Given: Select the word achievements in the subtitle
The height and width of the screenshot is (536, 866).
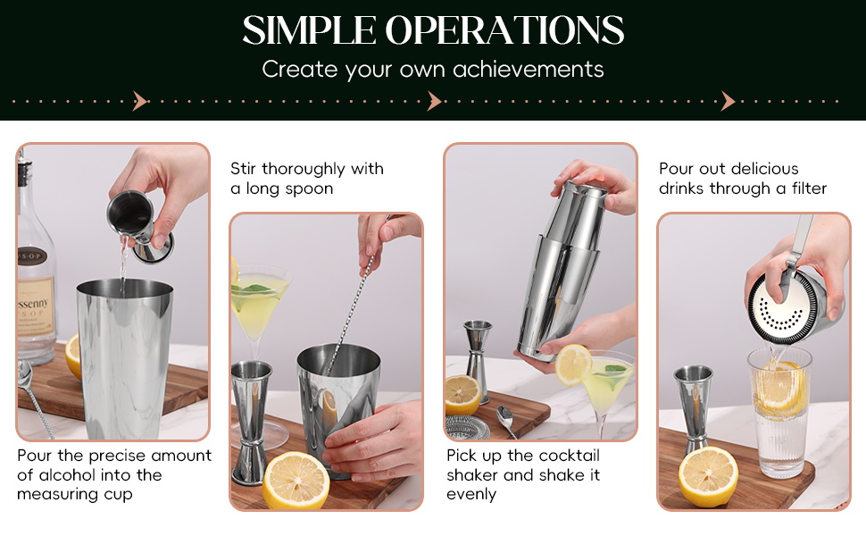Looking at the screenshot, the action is click(x=529, y=69).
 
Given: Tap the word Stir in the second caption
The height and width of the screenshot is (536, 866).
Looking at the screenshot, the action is click(x=243, y=169).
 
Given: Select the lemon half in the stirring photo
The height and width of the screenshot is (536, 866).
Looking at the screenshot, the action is click(x=296, y=480).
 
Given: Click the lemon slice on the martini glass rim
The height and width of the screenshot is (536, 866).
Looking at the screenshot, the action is click(x=573, y=364).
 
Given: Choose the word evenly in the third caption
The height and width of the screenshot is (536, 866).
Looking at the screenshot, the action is click(x=471, y=494).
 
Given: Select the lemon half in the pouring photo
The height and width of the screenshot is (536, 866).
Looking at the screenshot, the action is click(x=708, y=476).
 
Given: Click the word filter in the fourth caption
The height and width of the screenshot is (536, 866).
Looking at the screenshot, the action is click(x=809, y=188).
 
